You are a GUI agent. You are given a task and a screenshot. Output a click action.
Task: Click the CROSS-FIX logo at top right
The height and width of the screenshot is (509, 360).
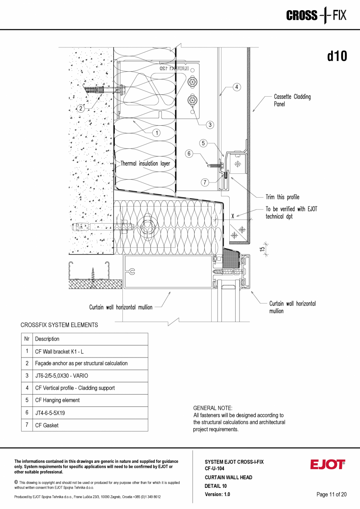pos(316,16)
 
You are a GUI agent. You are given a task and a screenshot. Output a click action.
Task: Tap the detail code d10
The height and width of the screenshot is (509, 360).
pos(337,56)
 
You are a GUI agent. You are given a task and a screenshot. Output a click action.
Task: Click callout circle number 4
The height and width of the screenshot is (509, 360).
pos(237,87)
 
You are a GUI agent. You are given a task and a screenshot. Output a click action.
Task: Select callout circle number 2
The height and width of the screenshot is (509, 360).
pos(81,108)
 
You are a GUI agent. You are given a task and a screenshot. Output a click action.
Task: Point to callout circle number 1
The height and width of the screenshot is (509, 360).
pos(157,133)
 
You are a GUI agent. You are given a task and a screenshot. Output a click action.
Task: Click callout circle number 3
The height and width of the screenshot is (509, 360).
pos(210,125)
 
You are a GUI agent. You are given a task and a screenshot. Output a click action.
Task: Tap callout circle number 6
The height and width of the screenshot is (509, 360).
pos(189,154)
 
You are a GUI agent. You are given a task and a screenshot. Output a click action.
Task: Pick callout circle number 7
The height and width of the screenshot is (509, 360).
pos(205,182)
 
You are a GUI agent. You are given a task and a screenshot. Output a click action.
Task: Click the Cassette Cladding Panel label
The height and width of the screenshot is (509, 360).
pos(292,101)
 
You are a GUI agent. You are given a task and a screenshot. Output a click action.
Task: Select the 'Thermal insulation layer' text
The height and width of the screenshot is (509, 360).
pos(145,164)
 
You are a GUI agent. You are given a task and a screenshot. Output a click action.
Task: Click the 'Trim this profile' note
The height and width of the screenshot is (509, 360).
pos(282,197)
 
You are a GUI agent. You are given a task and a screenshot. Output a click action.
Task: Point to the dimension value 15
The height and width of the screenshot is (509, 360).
pos(263,247)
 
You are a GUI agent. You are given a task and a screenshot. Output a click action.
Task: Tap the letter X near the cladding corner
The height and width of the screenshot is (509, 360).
pos(233,216)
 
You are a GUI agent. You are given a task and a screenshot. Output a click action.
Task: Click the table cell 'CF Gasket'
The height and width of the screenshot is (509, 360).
pos(47,425)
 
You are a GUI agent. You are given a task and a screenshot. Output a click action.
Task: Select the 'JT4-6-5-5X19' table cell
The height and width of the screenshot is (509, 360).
pos(50,413)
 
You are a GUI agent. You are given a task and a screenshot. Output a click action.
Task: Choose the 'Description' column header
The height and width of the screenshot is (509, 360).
pos(47,339)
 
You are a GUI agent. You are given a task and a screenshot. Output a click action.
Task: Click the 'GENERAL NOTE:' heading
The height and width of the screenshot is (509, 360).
pos(213,408)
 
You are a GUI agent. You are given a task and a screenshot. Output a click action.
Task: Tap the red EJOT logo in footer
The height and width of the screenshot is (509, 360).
pos(328,464)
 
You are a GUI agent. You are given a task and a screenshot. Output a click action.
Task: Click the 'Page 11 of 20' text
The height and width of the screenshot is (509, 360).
pos(331,495)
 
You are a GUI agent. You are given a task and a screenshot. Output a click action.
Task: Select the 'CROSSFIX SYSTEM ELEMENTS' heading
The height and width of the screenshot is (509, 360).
pos(59,325)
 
